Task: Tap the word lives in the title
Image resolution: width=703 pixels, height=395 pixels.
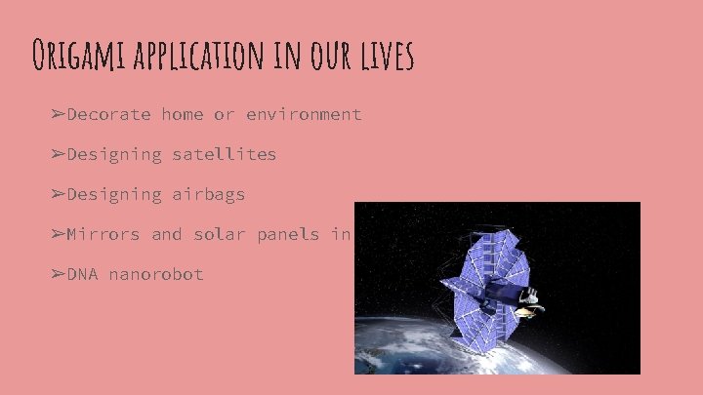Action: (387, 56)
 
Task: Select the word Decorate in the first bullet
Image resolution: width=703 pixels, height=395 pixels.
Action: (108, 114)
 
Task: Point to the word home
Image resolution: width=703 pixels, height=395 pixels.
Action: (183, 114)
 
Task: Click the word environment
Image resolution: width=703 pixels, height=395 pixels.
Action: (304, 114)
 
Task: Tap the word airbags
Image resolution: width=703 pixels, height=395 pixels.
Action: (208, 194)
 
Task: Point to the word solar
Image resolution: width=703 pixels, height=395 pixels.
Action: (219, 234)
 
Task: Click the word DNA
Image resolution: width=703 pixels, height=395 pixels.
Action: (82, 274)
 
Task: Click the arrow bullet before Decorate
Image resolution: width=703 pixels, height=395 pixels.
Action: (58, 114)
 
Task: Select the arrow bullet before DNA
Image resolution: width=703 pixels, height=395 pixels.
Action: (58, 274)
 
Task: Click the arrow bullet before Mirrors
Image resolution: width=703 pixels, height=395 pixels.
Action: (58, 234)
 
